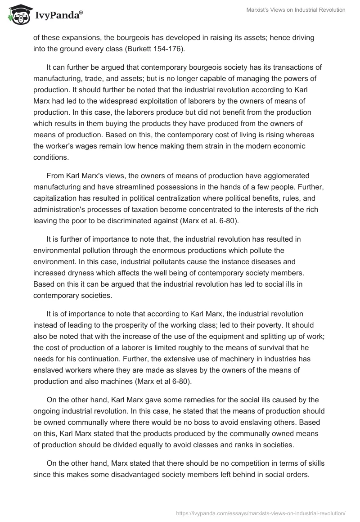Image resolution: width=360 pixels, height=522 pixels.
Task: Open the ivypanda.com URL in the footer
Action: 260,513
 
